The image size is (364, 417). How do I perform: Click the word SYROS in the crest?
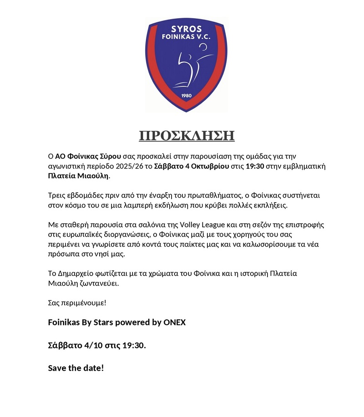(x=186, y=27)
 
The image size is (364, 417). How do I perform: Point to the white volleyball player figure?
(x=191, y=66)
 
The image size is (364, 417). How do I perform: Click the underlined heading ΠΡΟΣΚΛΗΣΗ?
(x=187, y=135)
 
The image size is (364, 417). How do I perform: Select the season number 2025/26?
(x=130, y=166)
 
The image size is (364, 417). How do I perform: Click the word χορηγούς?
(x=243, y=235)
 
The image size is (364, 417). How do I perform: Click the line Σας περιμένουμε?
(x=77, y=303)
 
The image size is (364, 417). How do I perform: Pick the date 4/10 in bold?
(x=93, y=345)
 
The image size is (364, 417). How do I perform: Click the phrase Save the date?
(x=76, y=368)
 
